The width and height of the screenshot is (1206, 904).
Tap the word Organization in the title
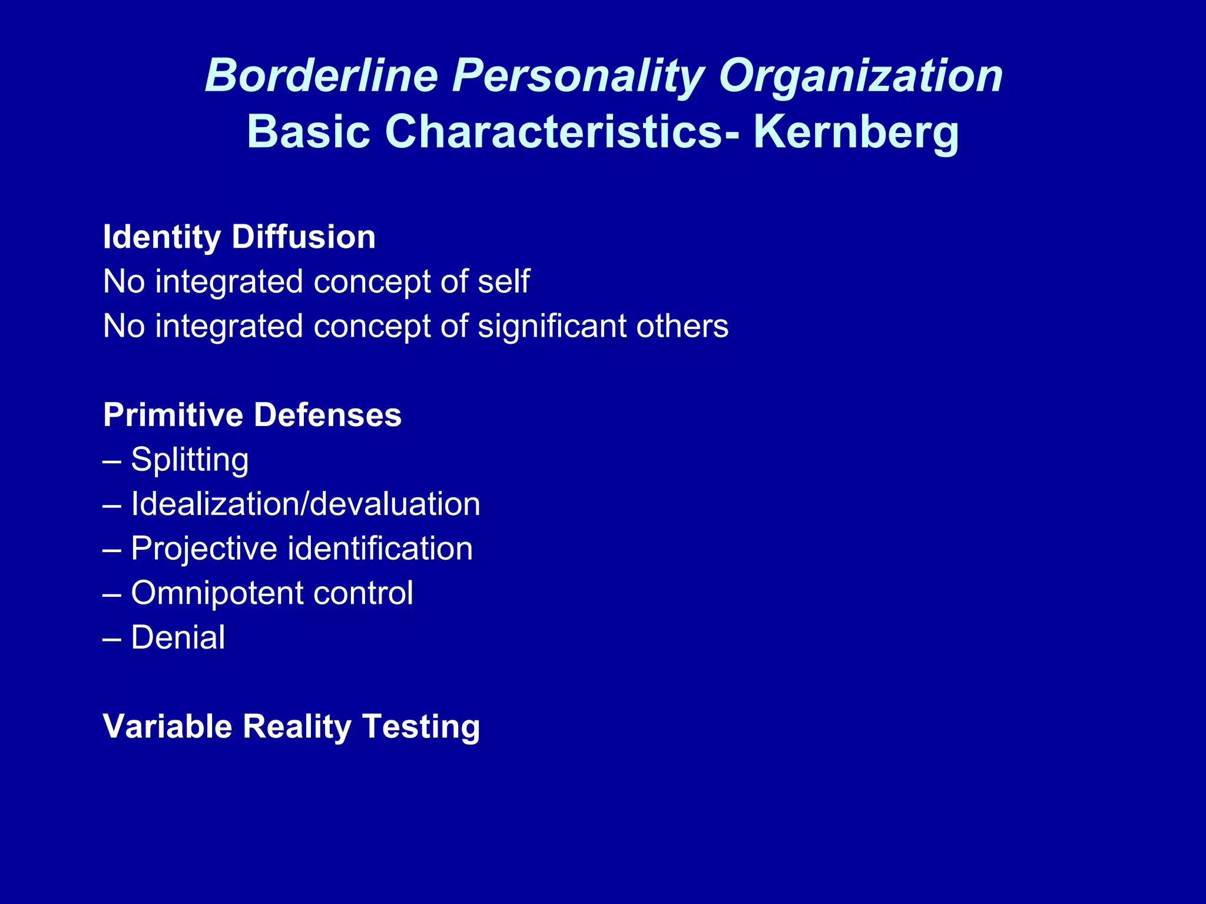[x=860, y=77]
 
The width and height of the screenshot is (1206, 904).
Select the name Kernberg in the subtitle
[x=856, y=132]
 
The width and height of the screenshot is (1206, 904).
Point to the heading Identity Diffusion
[x=239, y=237]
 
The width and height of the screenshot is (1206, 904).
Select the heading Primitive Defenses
[x=252, y=415]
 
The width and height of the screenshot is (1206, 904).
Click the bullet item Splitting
[x=189, y=460]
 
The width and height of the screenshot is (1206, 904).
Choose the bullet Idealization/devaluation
[x=305, y=504]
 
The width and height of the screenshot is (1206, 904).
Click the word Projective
[x=204, y=549]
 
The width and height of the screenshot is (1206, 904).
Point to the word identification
[x=380, y=549]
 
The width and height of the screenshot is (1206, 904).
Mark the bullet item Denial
[x=178, y=637]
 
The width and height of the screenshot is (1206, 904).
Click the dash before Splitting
[x=112, y=461]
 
